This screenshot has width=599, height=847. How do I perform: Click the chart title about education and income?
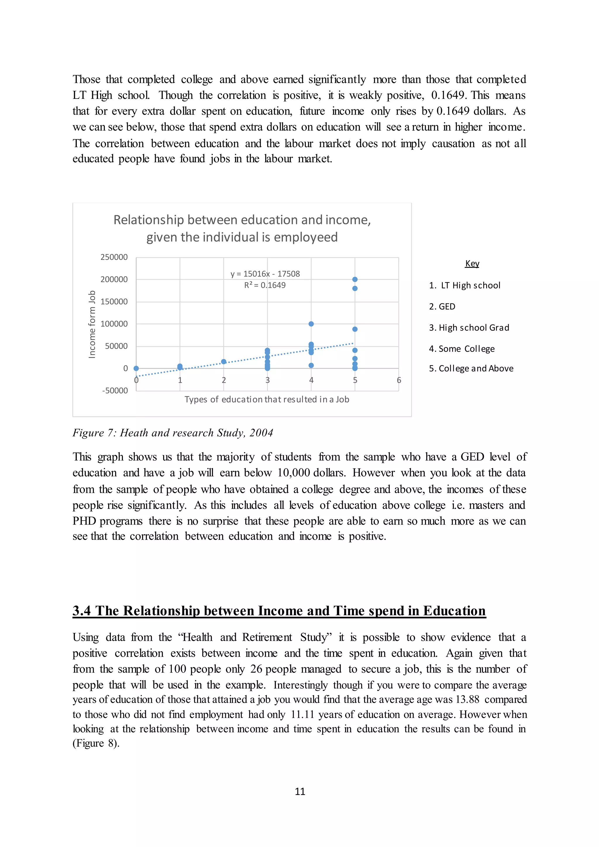coord(242,228)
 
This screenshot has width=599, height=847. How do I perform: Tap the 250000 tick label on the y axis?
coord(114,257)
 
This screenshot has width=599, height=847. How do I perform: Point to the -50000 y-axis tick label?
coord(115,391)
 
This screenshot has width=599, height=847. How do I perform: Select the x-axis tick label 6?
coord(399,380)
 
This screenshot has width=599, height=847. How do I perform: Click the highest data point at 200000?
coord(355,279)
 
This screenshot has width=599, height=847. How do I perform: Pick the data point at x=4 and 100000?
coord(311,324)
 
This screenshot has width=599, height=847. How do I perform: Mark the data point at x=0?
coord(136,368)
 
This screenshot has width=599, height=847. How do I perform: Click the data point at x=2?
coord(223,361)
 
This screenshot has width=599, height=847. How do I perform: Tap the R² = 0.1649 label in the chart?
coord(265,285)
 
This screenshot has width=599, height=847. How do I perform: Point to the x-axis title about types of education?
coord(267,400)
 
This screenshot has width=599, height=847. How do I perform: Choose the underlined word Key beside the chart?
coord(472,264)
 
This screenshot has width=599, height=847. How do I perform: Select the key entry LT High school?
coord(465,285)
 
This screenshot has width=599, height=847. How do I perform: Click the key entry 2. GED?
coord(442,307)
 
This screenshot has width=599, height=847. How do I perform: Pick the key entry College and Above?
coord(471,369)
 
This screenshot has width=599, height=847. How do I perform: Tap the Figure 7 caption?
coord(173,433)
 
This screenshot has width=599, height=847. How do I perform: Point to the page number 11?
coord(300,792)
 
